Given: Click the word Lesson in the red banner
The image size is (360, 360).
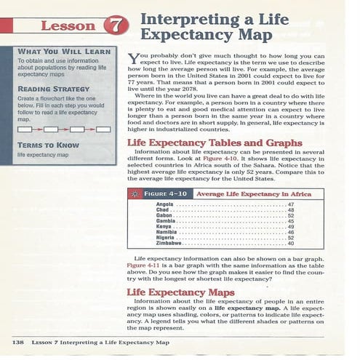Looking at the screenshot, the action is pyautogui.click(x=68, y=26).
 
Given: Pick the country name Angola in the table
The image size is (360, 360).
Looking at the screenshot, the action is pyautogui.click(x=165, y=204).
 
